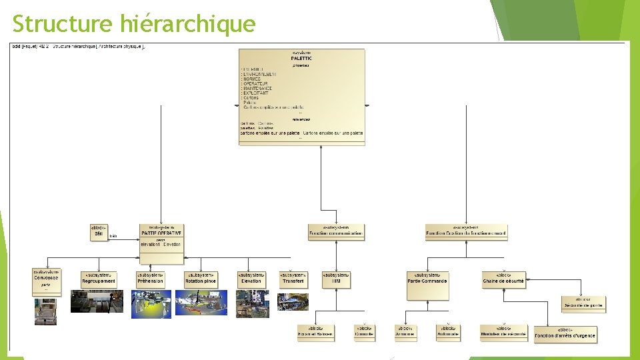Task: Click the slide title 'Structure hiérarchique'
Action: tap(134, 23)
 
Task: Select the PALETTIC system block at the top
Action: tap(302, 95)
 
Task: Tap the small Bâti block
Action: tap(99, 232)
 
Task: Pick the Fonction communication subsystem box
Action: tap(337, 232)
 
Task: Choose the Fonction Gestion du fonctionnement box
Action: tap(466, 232)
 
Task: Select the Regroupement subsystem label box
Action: tap(99, 279)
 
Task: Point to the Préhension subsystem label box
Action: tap(150, 279)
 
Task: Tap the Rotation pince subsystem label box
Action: tap(201, 279)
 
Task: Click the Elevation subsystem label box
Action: tap(251, 279)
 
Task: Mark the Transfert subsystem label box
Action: tap(293, 279)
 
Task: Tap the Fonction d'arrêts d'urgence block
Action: tap(565, 334)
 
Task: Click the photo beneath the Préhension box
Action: tap(151, 304)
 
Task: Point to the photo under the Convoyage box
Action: tap(46, 311)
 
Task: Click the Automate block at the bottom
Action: tap(448, 331)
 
